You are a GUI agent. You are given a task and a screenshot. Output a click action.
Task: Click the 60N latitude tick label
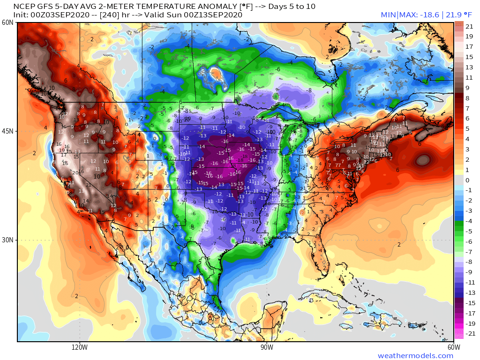(x=7, y=22)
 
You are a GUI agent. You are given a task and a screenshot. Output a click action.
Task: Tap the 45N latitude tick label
(x=7, y=131)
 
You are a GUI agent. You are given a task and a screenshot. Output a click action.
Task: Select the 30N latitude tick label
(x=7, y=240)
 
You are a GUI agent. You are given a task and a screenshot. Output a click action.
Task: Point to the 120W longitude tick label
(x=80, y=347)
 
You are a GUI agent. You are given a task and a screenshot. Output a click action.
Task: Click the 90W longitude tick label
(x=267, y=347)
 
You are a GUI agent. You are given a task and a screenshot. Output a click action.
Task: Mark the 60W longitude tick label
(x=453, y=347)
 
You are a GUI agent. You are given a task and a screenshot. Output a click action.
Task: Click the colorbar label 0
(x=467, y=180)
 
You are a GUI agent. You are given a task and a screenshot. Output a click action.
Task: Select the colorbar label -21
(x=468, y=334)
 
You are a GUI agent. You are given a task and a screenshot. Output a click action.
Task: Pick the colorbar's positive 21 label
(x=469, y=27)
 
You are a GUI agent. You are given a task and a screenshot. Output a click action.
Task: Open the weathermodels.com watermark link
(x=415, y=356)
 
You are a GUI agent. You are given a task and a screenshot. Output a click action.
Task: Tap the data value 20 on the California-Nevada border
(x=75, y=172)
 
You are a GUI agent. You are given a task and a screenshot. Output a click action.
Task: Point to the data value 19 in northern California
(x=61, y=150)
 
